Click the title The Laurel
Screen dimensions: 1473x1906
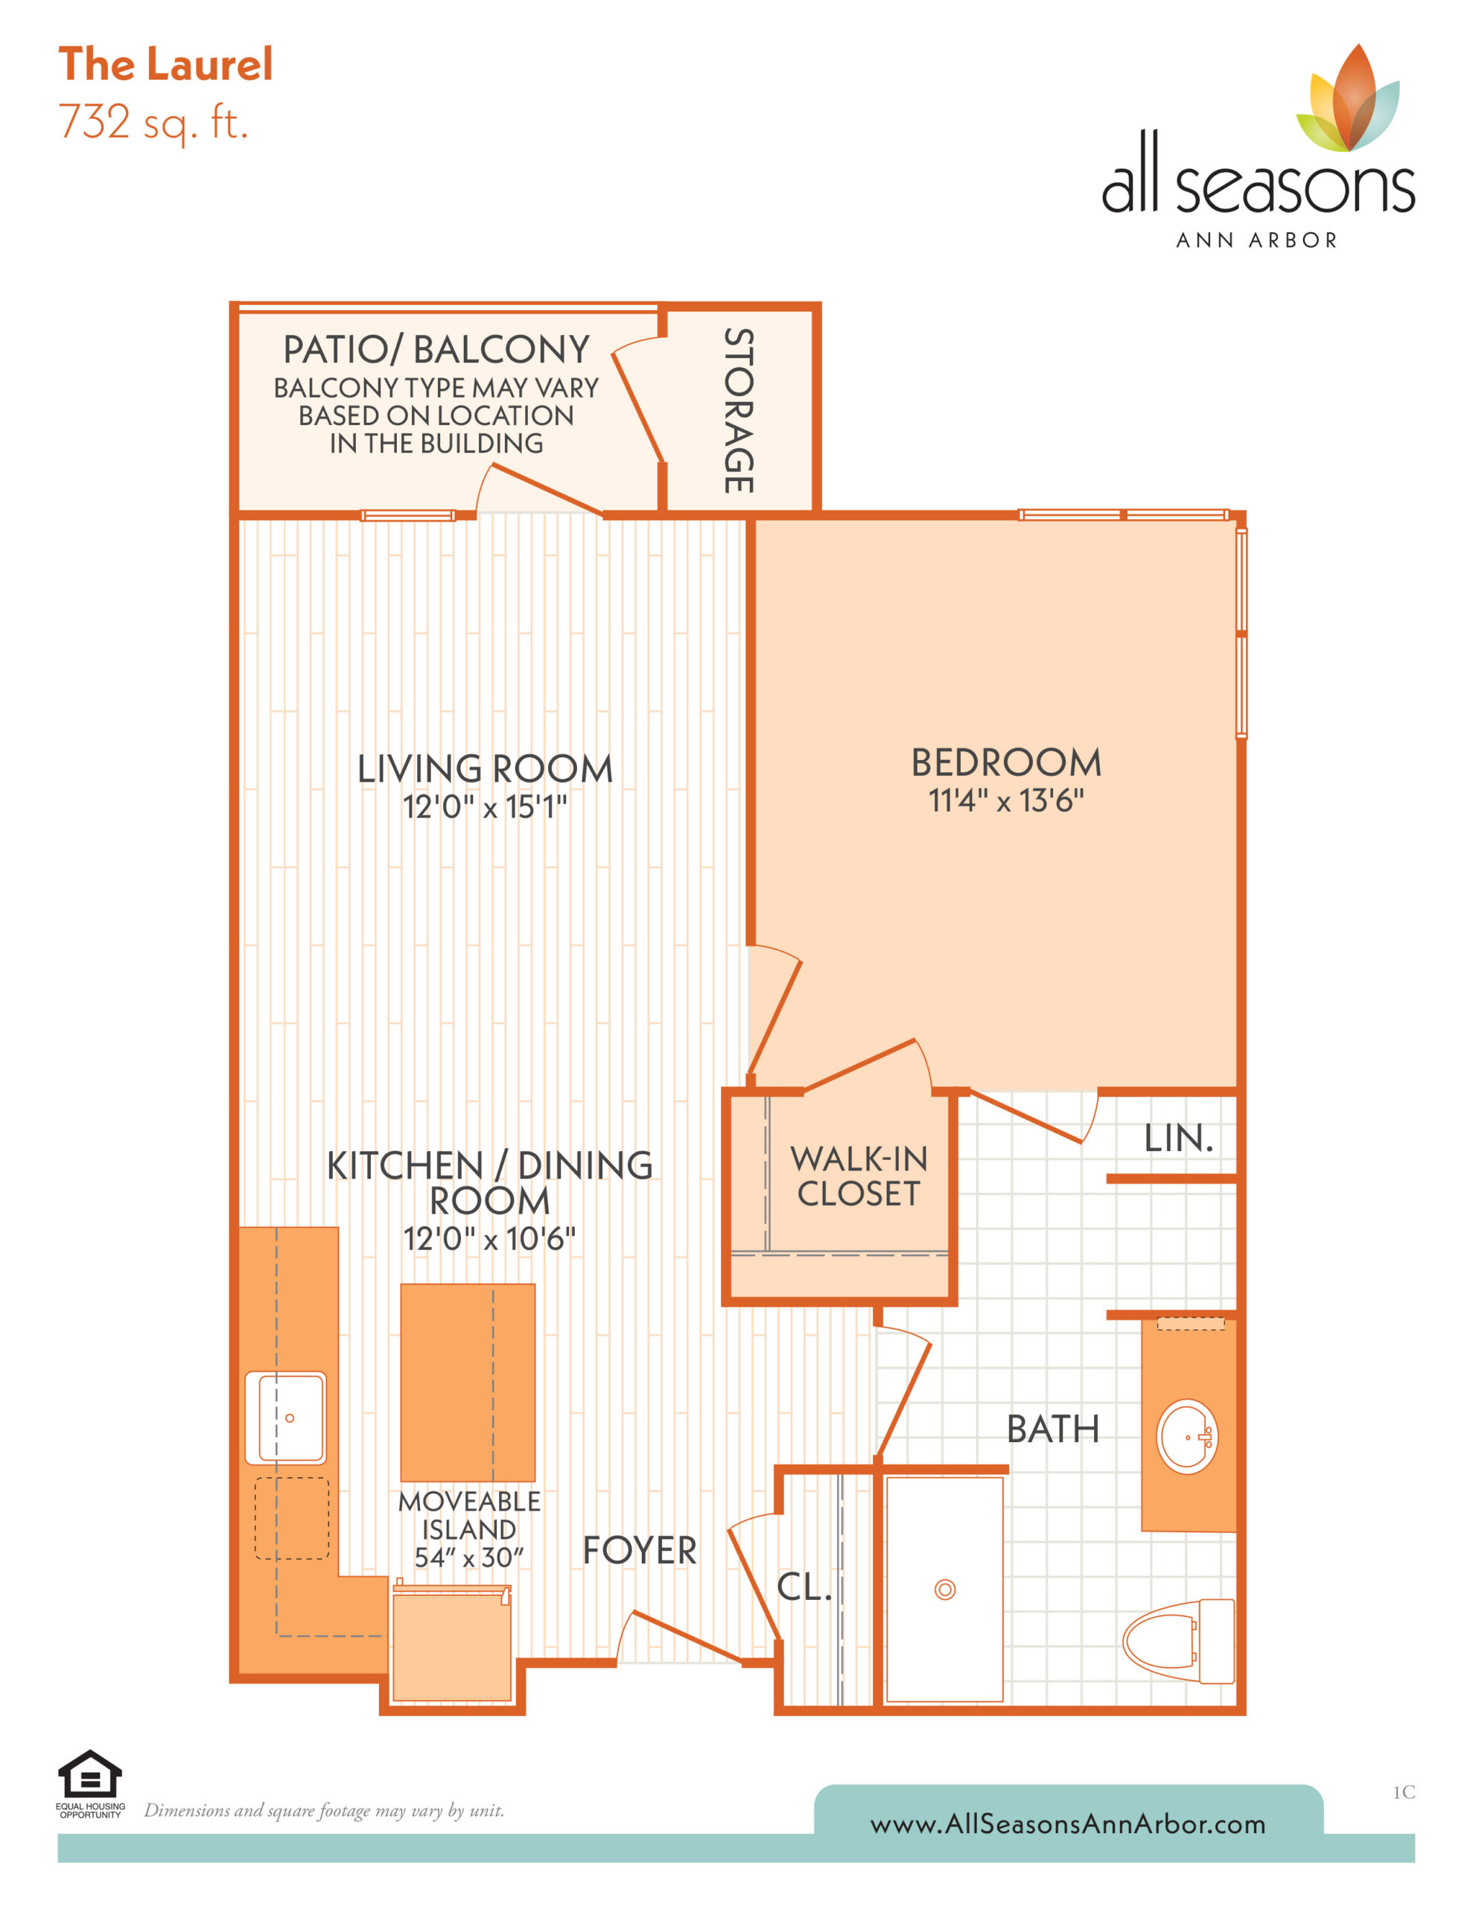click(165, 65)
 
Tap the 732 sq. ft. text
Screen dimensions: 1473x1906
click(153, 123)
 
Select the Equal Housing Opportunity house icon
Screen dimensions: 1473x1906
click(90, 1774)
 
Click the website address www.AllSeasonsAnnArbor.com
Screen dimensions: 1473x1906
click(1068, 1824)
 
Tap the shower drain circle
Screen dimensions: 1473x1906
click(945, 1590)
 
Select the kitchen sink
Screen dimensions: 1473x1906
click(285, 1418)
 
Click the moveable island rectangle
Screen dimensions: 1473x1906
click(468, 1383)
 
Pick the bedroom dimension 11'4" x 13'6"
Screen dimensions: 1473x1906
click(1006, 800)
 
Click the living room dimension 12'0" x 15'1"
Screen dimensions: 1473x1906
click(485, 806)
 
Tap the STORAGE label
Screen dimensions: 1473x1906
click(739, 410)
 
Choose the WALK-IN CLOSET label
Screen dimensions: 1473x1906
click(859, 1176)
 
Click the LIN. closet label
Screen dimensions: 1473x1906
click(1179, 1138)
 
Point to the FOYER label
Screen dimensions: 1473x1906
click(639, 1551)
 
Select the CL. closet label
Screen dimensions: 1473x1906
click(804, 1587)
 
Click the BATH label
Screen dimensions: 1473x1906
click(1052, 1429)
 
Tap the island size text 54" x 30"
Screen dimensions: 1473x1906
click(469, 1557)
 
